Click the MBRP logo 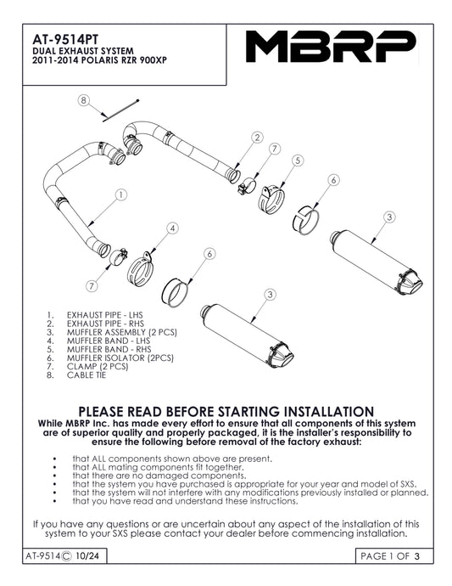point(331,47)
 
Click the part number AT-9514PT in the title point(65,40)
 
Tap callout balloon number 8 point(84,100)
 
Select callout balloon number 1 point(120,194)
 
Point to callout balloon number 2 point(257,137)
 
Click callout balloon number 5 point(298,161)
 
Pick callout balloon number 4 point(172,228)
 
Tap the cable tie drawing point(120,110)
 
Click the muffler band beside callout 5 point(271,200)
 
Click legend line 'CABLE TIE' point(86,375)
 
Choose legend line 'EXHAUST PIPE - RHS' point(105,324)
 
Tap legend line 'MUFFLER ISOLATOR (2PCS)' point(120,358)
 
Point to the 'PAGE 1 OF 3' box point(394,556)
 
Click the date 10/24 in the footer point(87,556)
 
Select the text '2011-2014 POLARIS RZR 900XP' point(99,60)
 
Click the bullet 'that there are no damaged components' point(159,476)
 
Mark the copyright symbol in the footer point(66,556)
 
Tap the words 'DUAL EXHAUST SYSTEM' point(83,51)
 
